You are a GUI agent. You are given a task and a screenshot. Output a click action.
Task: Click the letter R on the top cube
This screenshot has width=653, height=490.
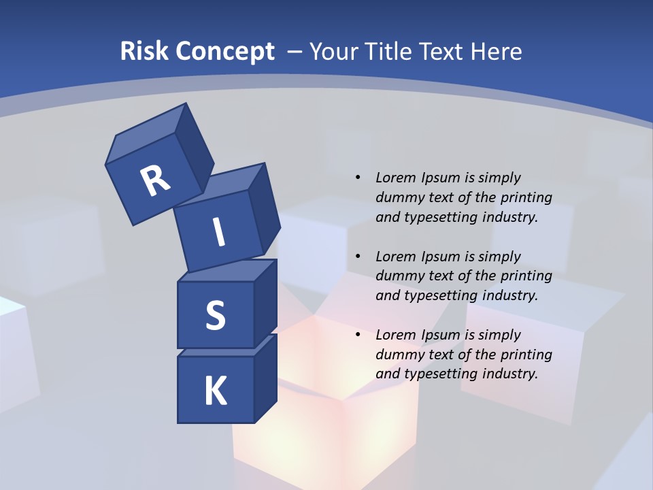[x=155, y=181]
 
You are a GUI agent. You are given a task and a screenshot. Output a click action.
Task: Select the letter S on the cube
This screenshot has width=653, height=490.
[x=215, y=316]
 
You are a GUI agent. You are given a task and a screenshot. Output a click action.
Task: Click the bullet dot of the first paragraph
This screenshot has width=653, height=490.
[x=358, y=178]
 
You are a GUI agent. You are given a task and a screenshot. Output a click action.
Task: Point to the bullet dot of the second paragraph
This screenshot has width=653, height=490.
[x=358, y=257]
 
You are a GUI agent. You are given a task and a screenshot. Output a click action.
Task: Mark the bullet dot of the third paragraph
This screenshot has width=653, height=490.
[x=358, y=335]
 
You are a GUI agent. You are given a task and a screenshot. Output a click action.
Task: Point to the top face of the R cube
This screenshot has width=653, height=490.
[x=146, y=137]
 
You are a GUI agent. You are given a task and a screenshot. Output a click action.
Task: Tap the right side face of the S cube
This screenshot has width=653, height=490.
[x=265, y=304]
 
